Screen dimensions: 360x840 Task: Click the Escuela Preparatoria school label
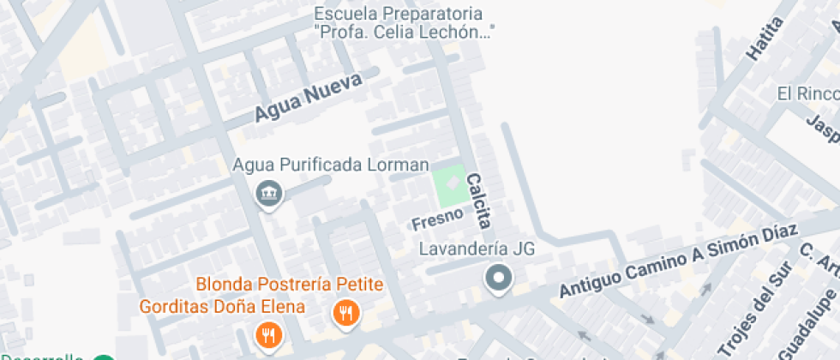[405, 24]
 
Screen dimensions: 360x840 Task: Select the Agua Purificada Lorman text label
[331, 164]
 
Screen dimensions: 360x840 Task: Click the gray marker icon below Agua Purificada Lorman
[269, 194]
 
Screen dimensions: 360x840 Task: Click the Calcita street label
[478, 201]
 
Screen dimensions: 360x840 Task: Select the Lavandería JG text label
[477, 249]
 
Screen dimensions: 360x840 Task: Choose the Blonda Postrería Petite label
[290, 285]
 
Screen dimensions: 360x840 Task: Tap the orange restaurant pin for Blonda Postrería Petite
[346, 314]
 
